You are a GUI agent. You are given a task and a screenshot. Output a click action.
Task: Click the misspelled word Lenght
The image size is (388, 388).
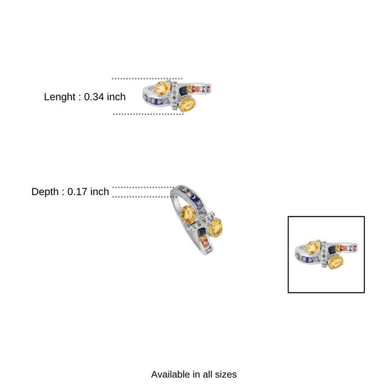pyautogui.click(x=59, y=97)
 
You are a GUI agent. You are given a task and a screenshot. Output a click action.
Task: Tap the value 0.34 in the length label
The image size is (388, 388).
pyautogui.click(x=94, y=97)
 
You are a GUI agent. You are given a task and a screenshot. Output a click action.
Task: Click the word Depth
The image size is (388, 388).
pyautogui.click(x=45, y=192)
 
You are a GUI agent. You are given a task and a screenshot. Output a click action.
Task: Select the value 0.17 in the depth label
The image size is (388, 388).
pyautogui.click(x=77, y=192)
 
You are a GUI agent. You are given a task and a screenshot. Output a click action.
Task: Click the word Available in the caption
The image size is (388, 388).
pyautogui.click(x=170, y=375)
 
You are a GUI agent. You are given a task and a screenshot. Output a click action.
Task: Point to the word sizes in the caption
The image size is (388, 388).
pyautogui.click(x=226, y=375)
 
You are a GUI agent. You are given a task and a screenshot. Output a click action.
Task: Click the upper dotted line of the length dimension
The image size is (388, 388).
pyautogui.click(x=147, y=79)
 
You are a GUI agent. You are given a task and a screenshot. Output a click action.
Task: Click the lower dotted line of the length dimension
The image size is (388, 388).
pyautogui.click(x=148, y=114)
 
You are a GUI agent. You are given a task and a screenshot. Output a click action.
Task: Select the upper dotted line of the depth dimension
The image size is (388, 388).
pyautogui.click(x=144, y=187)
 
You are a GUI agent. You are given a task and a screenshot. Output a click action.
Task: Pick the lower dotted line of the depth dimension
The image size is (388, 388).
pyautogui.click(x=144, y=196)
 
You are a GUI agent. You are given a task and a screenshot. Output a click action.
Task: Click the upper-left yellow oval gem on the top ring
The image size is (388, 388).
pyautogui.click(x=162, y=89)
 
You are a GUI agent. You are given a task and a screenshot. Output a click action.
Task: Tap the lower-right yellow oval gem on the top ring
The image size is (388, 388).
pyautogui.click(x=187, y=104)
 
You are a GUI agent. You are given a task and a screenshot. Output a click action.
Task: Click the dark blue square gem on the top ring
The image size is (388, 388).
pyautogui.click(x=183, y=90)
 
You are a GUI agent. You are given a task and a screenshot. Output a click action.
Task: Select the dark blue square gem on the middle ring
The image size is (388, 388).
pyautogui.click(x=201, y=232)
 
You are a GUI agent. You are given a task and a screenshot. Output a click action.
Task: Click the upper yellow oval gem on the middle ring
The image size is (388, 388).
pyautogui.click(x=189, y=215)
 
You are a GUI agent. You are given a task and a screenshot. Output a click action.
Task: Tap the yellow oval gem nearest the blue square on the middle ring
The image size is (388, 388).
pyautogui.click(x=216, y=228)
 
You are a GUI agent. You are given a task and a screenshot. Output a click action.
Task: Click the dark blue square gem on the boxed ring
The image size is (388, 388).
pyautogui.click(x=332, y=250)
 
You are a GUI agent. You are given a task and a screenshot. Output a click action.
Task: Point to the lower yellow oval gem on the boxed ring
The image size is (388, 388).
pyautogui.click(x=336, y=263)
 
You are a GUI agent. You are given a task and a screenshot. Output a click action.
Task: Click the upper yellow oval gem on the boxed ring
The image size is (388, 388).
pyautogui.click(x=313, y=247)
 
